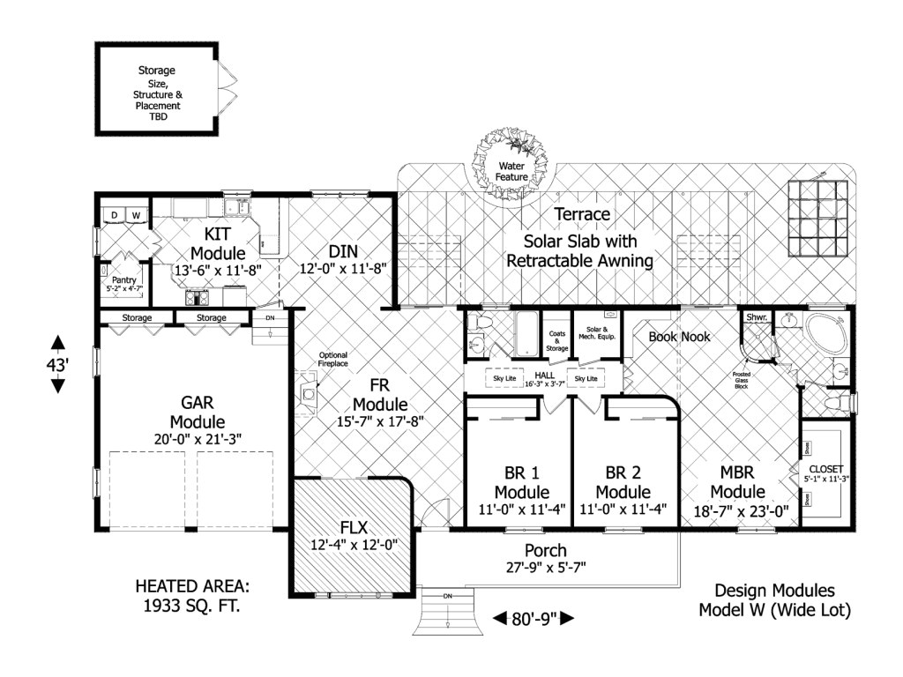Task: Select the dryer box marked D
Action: coord(114,214)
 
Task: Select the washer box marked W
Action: coord(137,214)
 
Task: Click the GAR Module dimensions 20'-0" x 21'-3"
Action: coord(198,438)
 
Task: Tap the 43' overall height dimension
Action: coord(57,363)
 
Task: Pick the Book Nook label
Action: coord(679,336)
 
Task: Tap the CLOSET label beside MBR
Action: coord(825,468)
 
